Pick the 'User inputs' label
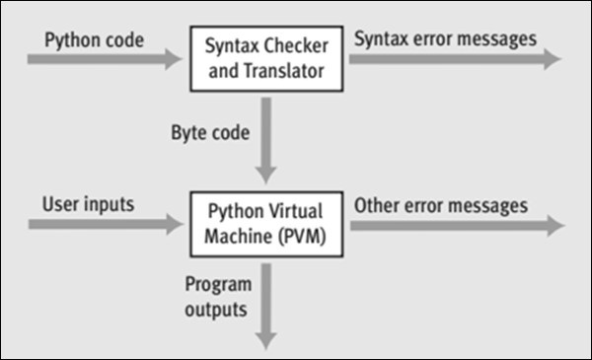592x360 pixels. [x=88, y=205]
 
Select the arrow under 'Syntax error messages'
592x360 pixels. [x=454, y=59]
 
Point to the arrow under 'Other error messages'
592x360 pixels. [x=454, y=225]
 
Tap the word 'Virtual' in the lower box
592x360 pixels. [x=289, y=213]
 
